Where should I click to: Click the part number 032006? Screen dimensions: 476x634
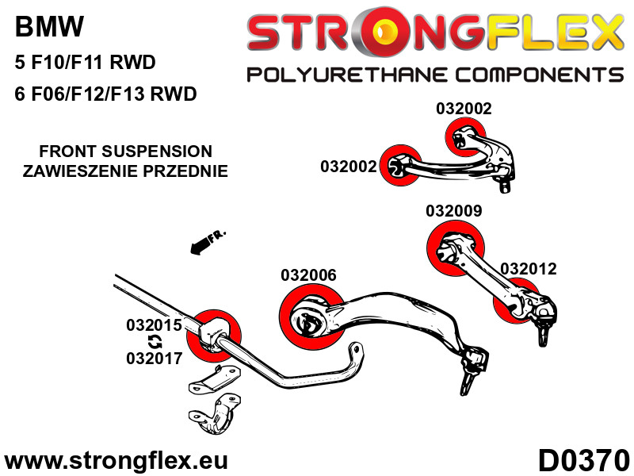pos(308,275)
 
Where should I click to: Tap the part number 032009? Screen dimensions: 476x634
pos(453,211)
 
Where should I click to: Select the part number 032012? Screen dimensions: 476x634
pos(528,269)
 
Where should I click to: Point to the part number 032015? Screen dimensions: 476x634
pos(154,325)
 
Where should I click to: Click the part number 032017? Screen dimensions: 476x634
pos(154,358)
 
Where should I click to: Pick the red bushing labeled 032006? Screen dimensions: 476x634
pos(310,318)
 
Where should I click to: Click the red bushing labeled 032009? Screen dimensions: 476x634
pos(455,246)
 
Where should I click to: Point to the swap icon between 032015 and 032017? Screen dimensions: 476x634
pos(155,342)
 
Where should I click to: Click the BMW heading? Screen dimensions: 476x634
pos(48,29)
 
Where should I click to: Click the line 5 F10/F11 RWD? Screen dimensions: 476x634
pos(85,62)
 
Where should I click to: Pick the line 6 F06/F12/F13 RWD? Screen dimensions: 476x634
pos(105,94)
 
